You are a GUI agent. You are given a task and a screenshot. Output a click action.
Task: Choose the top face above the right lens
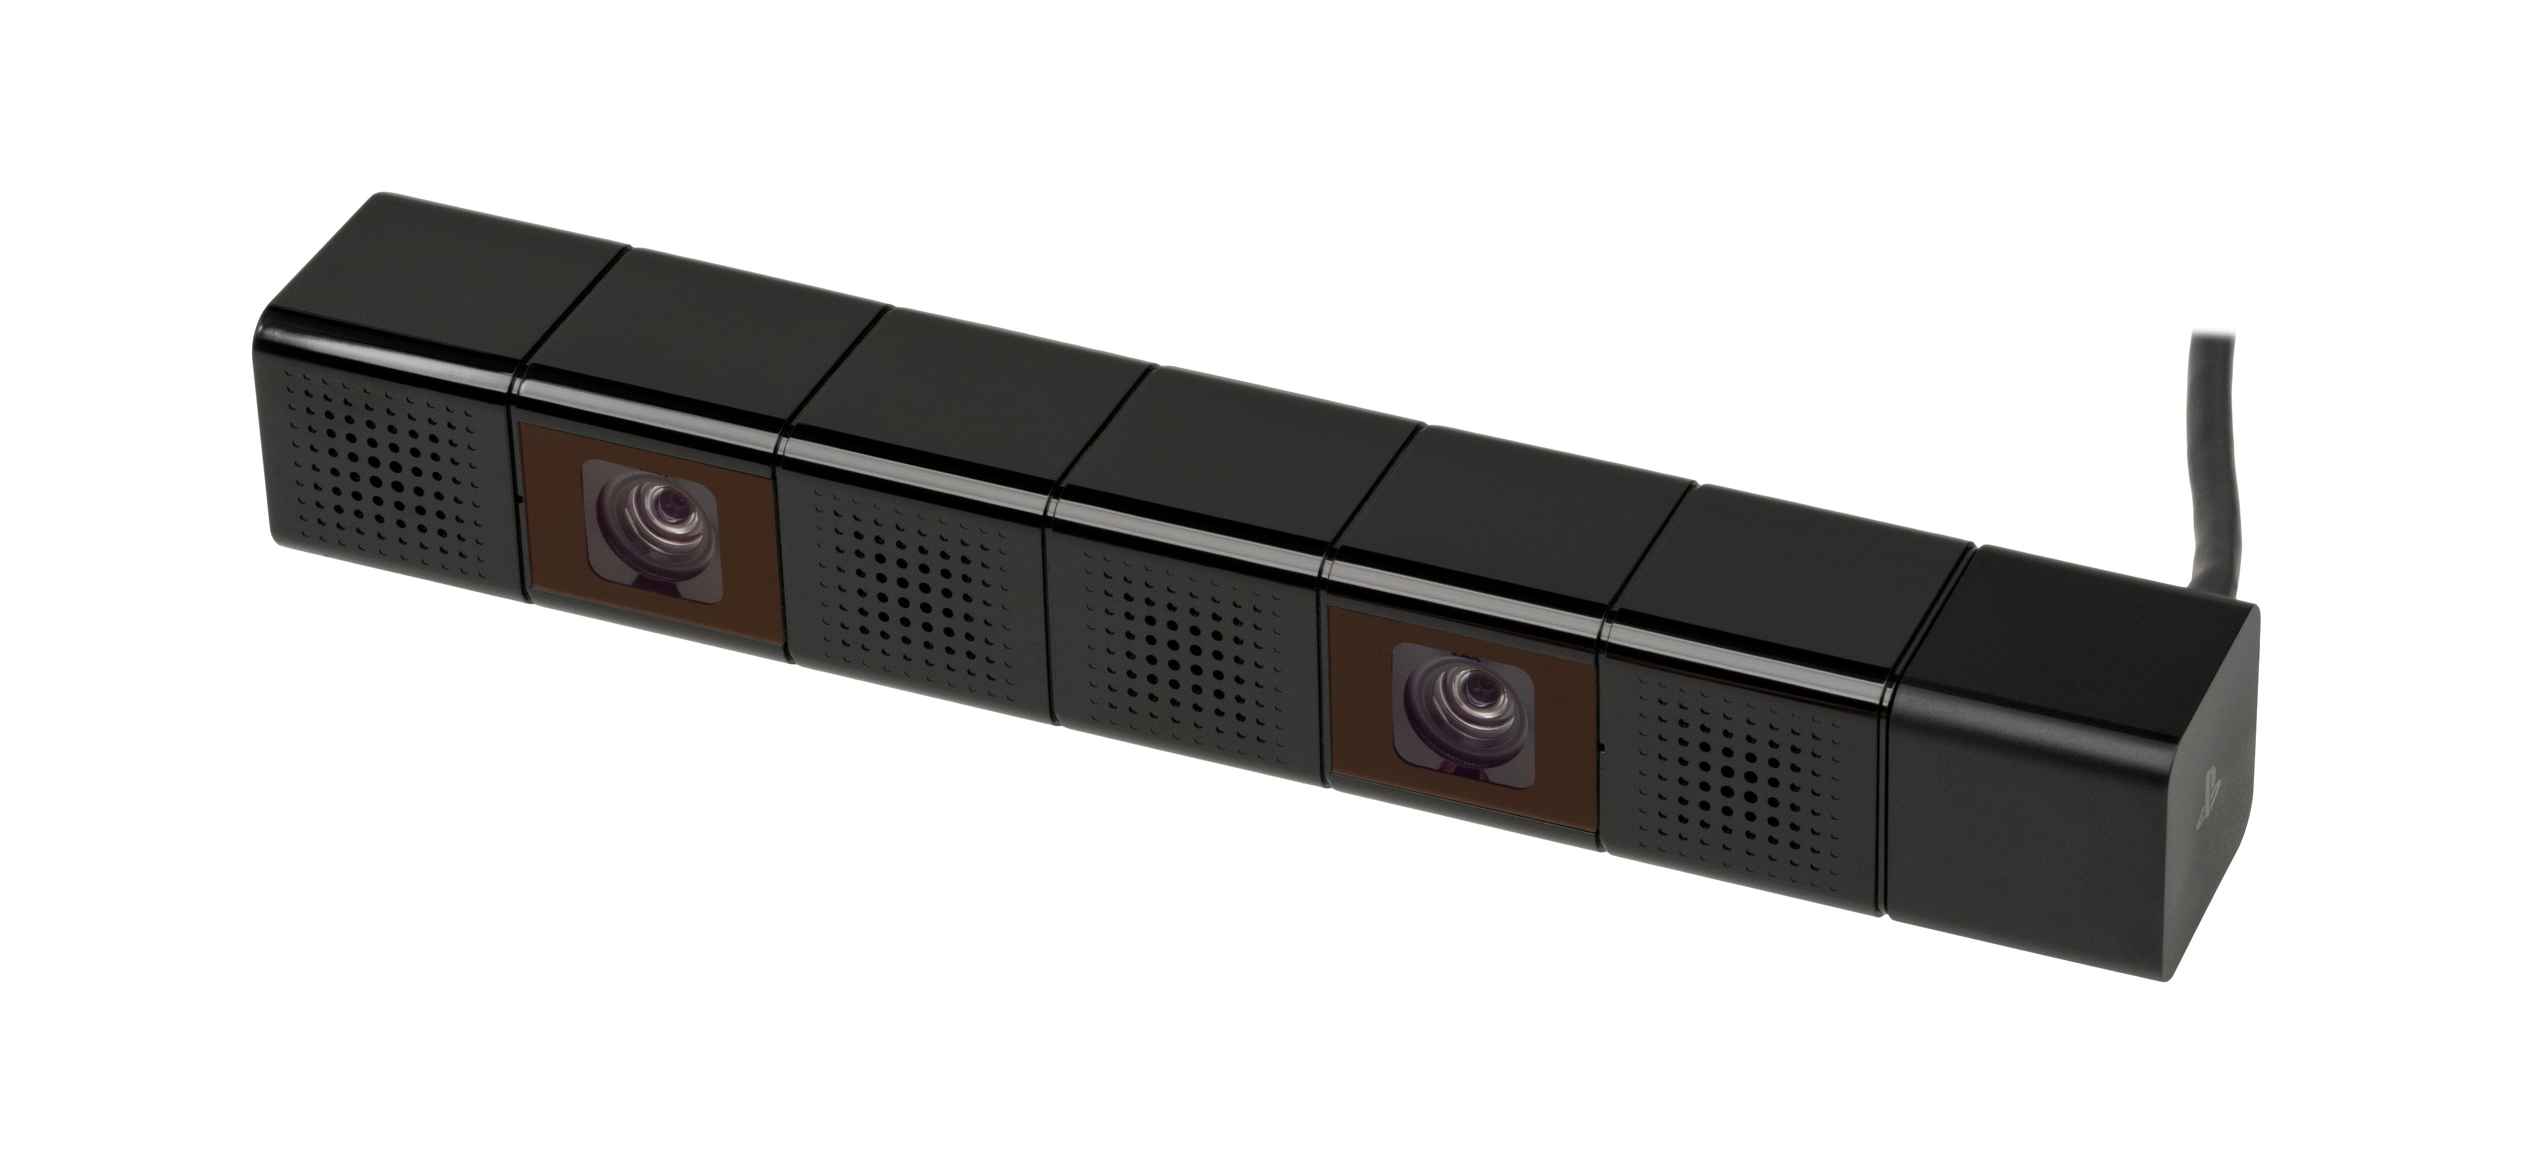click(x=1502, y=514)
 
